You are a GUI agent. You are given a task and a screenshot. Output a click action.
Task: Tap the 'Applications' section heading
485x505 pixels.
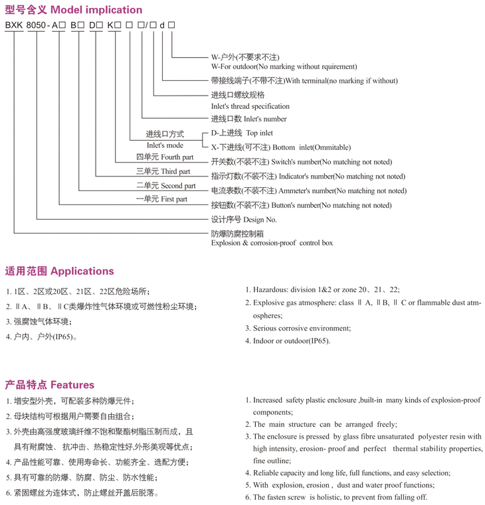[x=82, y=271]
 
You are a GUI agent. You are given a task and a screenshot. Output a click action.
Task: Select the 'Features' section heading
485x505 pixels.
[x=72, y=385]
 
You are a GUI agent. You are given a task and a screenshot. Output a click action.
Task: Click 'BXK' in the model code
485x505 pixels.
[x=14, y=25]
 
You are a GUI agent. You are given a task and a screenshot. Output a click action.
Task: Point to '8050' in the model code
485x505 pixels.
[x=38, y=25]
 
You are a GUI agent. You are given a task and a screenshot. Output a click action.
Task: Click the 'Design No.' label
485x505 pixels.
[x=260, y=220]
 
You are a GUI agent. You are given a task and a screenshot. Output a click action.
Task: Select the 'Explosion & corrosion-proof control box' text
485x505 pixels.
[x=272, y=243]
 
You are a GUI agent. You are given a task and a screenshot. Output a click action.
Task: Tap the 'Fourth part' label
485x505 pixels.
[x=177, y=157]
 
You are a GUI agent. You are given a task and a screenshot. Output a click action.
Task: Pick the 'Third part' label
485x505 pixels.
[x=175, y=172]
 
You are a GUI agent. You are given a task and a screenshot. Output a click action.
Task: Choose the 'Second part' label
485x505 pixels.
[x=178, y=186]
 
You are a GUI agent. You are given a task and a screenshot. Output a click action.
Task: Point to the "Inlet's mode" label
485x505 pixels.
[x=165, y=145]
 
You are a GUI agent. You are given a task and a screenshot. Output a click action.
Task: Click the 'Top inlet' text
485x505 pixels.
[x=260, y=133]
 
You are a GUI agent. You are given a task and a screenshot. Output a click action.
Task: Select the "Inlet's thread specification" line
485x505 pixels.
[x=250, y=106]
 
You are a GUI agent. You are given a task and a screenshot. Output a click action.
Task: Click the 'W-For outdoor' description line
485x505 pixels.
[x=284, y=66]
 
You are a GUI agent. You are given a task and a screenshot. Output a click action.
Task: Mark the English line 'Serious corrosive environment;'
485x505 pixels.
[x=302, y=328]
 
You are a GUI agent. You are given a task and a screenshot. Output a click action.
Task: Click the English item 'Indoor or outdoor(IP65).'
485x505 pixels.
[x=291, y=340]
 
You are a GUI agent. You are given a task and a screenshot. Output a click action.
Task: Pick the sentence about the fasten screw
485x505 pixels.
[x=339, y=497]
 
